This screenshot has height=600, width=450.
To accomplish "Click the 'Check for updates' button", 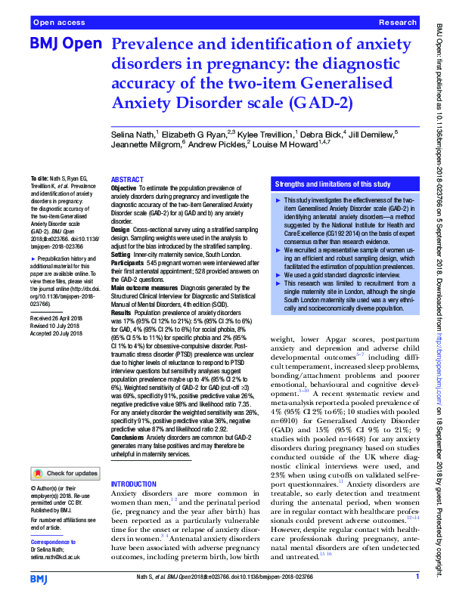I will (66, 474).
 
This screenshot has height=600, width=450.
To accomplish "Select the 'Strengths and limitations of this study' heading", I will (333, 184).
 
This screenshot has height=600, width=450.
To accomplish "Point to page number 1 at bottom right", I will (417, 577).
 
